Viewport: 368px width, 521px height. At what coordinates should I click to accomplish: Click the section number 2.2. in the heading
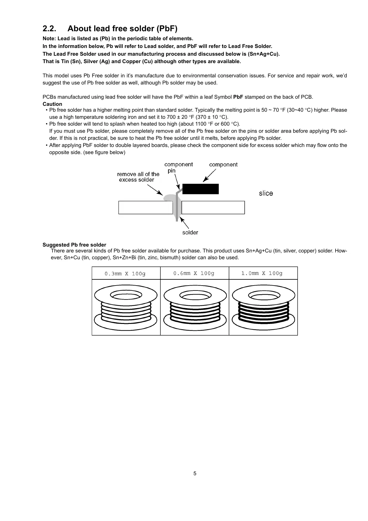(49, 29)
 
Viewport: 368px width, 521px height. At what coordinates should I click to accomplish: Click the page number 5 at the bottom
(195, 473)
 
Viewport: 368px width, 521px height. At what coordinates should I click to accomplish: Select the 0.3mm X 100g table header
(125, 273)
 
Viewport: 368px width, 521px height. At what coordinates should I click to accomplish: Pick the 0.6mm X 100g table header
(194, 273)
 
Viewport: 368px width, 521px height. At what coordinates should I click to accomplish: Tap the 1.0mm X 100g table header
(262, 273)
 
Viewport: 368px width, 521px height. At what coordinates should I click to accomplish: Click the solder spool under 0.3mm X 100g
(126, 308)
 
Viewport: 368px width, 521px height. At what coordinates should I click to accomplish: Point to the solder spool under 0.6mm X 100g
(195, 308)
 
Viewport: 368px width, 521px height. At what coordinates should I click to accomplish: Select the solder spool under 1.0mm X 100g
(264, 308)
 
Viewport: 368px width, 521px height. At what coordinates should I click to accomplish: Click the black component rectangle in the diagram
(201, 189)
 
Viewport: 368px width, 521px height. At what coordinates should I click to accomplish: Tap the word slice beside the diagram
(266, 193)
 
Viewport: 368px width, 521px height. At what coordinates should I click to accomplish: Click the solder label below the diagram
(190, 232)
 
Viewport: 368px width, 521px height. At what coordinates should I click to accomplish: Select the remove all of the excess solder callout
(138, 177)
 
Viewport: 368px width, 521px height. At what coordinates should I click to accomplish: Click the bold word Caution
(52, 104)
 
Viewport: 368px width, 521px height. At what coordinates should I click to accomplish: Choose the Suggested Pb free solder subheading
(74, 245)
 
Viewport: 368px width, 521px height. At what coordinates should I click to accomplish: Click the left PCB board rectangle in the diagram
(145, 208)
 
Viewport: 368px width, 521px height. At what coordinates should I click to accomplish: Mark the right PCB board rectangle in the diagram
(213, 208)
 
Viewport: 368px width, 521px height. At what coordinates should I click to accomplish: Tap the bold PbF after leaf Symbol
(238, 97)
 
